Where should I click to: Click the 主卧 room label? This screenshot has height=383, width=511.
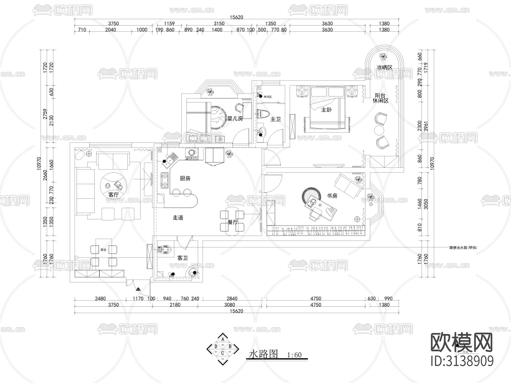click(326, 110)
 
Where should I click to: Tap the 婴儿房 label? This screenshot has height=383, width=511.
click(235, 119)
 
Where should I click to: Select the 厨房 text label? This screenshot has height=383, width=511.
click(185, 178)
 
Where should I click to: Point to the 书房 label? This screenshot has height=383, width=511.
click(332, 196)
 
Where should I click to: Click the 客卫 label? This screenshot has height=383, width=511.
click(183, 258)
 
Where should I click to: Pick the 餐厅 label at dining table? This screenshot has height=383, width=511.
click(233, 222)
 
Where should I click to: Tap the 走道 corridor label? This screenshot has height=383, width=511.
click(178, 218)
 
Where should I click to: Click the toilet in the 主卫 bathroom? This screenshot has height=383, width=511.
click(263, 114)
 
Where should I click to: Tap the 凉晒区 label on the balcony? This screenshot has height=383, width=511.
click(384, 68)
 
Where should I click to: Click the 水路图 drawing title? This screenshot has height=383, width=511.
click(263, 354)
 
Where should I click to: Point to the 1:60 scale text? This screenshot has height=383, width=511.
click(294, 355)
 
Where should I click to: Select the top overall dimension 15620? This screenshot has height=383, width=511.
click(236, 17)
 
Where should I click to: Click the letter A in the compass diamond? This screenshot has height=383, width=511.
click(223, 339)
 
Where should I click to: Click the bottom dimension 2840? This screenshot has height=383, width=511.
click(232, 298)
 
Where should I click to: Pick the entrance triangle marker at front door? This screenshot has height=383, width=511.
click(138, 289)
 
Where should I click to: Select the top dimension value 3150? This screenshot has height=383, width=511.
click(219, 24)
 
